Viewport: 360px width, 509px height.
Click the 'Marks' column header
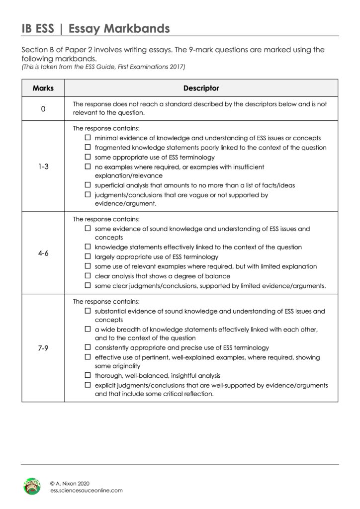click(x=43, y=88)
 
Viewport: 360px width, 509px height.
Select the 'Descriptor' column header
click(x=201, y=88)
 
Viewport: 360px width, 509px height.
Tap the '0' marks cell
click(x=43, y=108)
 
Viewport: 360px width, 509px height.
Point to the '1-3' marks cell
click(x=43, y=167)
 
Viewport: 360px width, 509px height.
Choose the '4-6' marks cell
click(x=43, y=252)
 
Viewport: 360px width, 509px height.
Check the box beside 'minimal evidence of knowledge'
click(x=88, y=138)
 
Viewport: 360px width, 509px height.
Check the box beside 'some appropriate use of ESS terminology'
click(x=88, y=157)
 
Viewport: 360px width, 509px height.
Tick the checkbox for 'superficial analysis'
click(x=88, y=185)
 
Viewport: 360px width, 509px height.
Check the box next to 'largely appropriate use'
click(x=88, y=257)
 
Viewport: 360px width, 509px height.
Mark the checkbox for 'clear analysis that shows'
click(x=88, y=276)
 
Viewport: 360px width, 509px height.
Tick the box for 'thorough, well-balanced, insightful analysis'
click(x=88, y=375)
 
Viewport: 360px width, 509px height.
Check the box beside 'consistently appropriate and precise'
click(x=88, y=347)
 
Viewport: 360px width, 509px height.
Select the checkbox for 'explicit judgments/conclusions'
click(x=88, y=385)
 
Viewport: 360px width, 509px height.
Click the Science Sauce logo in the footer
click(x=33, y=486)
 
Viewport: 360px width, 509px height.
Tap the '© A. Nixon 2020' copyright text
click(x=71, y=482)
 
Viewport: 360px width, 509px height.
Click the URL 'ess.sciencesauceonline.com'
click(x=86, y=490)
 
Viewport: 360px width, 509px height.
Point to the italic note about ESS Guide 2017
click(x=102, y=67)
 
